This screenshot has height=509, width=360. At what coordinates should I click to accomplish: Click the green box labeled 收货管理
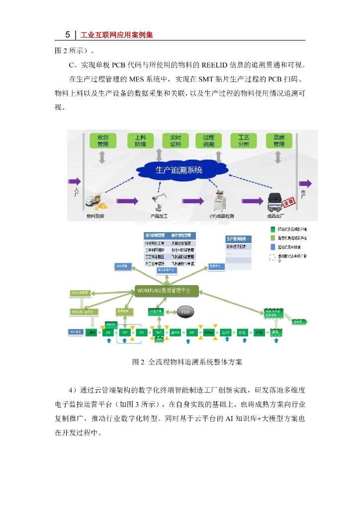click(103, 141)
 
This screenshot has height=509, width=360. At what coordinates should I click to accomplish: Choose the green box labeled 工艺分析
click(244, 141)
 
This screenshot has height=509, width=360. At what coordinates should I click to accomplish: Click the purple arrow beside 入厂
click(75, 180)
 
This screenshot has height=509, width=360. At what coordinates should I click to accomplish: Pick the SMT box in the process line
click(159, 332)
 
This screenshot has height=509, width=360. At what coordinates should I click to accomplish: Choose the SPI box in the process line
click(142, 332)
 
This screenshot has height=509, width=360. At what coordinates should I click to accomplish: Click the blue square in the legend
click(271, 247)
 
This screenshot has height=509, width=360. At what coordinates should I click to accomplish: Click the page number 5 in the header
click(68, 35)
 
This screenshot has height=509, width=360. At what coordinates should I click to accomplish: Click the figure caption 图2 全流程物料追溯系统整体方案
click(187, 362)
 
